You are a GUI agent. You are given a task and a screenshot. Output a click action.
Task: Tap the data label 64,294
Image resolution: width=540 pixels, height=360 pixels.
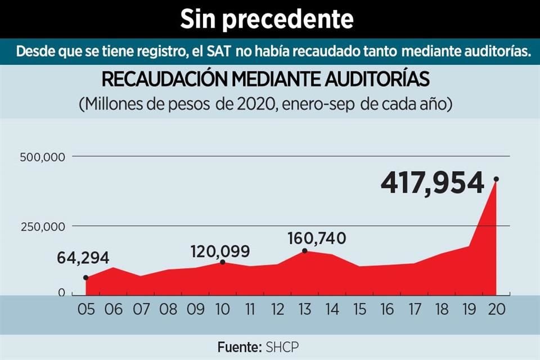(83, 258)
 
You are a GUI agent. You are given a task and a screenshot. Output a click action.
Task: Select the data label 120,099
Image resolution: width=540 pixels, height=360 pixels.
(219, 251)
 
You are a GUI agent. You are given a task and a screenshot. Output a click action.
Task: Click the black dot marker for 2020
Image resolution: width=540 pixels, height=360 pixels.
(496, 179)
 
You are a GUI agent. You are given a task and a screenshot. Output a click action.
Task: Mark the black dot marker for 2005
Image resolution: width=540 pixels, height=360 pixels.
(85, 278)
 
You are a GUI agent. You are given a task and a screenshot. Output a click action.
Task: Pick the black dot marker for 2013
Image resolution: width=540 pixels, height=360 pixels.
(305, 251)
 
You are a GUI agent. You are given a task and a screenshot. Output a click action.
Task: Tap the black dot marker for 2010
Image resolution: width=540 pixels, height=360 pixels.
(223, 262)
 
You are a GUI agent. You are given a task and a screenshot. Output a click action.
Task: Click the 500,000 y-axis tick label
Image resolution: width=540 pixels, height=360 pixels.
(43, 157)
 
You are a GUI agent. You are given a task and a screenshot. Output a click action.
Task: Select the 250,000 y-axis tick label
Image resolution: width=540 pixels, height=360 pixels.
(43, 227)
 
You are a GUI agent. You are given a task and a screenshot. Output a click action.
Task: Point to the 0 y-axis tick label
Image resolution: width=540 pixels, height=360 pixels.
(62, 293)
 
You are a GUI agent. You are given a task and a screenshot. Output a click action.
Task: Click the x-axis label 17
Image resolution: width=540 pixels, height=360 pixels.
(413, 309)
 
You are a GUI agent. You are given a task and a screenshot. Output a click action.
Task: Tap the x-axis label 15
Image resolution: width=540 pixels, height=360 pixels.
(359, 309)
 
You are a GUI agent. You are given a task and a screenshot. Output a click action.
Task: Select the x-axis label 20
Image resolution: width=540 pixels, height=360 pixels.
(496, 309)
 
